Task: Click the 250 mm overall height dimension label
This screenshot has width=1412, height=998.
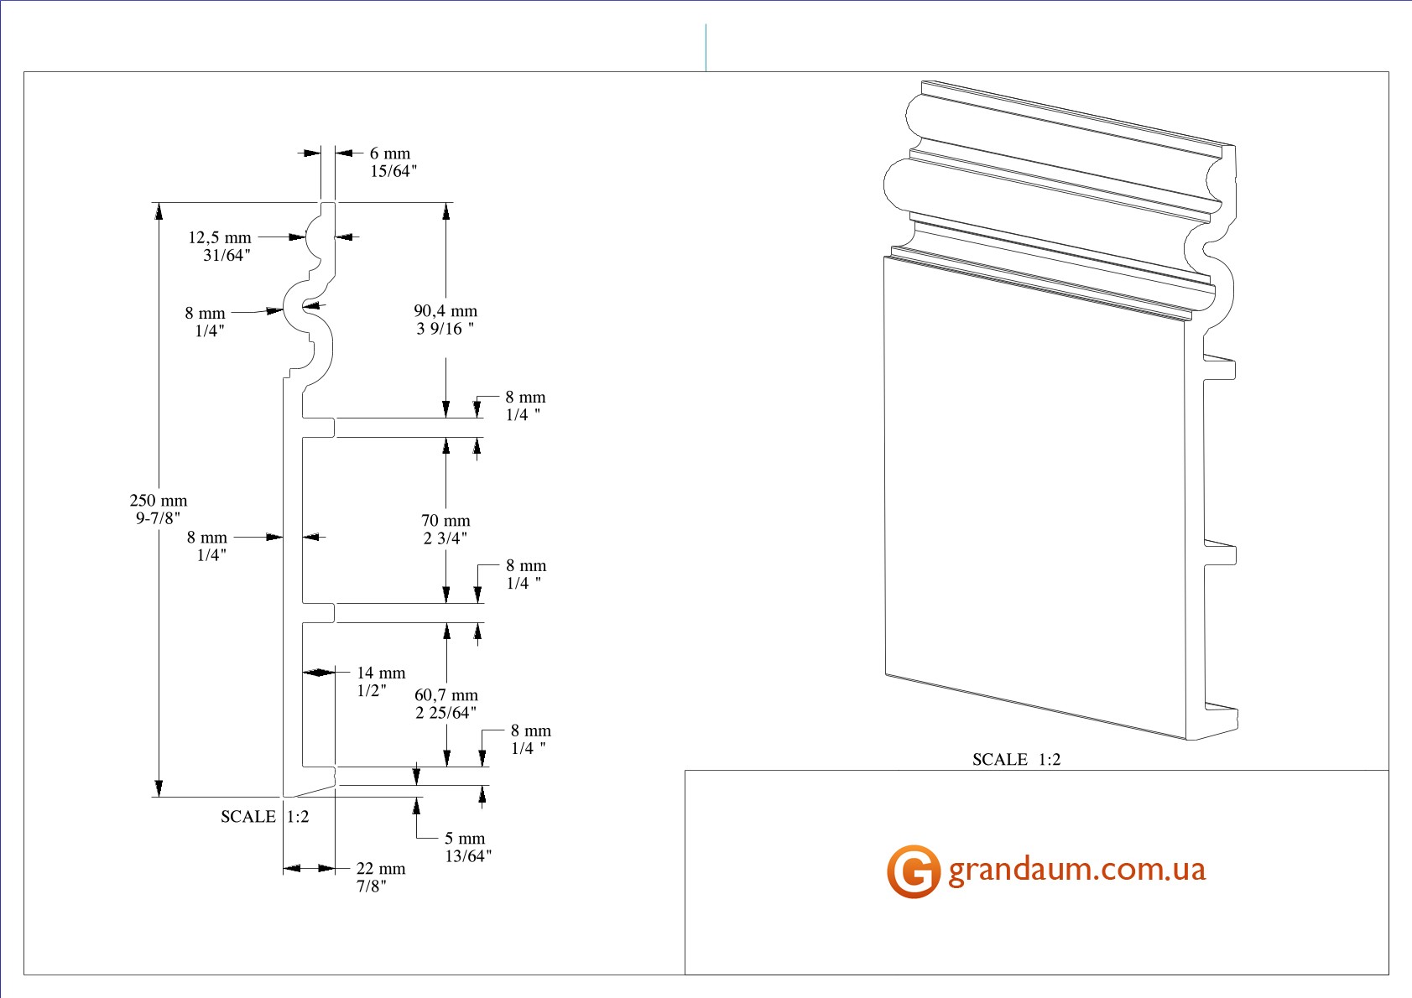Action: tap(159, 501)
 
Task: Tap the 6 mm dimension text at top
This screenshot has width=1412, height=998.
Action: tap(390, 153)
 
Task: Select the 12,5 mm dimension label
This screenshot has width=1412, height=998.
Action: tap(219, 238)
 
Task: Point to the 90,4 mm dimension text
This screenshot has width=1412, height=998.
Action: tap(445, 311)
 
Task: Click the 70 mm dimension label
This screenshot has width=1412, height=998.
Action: tap(445, 521)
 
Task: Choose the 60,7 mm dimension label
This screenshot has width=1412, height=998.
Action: tap(446, 695)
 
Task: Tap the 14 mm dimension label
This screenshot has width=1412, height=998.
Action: tap(381, 673)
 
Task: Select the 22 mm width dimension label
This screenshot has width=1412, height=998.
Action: tap(381, 869)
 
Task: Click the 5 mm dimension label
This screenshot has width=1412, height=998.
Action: tap(465, 839)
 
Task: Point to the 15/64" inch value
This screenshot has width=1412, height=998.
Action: tap(393, 171)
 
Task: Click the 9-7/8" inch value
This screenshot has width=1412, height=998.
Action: tap(158, 518)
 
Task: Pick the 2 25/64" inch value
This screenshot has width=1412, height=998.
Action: tap(445, 713)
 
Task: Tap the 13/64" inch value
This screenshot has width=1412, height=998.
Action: tap(468, 856)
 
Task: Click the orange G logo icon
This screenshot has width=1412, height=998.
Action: tap(913, 871)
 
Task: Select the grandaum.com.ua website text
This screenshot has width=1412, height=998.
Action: tap(1077, 870)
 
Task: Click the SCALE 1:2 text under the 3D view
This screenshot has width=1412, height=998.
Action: tap(1016, 760)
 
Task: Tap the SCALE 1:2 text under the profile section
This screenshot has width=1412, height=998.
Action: tap(265, 817)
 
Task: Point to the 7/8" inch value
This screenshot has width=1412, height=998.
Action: tap(372, 886)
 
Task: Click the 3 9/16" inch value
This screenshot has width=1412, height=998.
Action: tap(445, 329)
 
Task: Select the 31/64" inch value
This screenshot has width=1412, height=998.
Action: tap(227, 256)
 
